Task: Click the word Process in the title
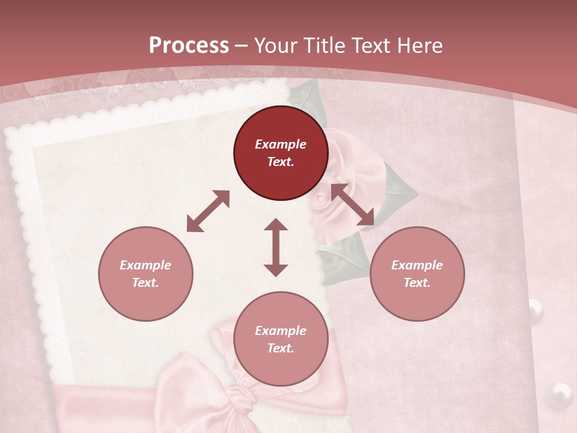click(189, 45)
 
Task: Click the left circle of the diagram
click(145, 274)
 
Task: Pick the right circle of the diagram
click(417, 274)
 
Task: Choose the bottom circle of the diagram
click(281, 339)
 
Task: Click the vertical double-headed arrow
click(276, 247)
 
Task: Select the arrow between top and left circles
click(208, 211)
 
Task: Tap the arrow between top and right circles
click(353, 205)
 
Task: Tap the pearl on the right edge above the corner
click(536, 310)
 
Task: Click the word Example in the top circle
click(281, 144)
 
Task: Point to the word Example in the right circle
click(417, 265)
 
